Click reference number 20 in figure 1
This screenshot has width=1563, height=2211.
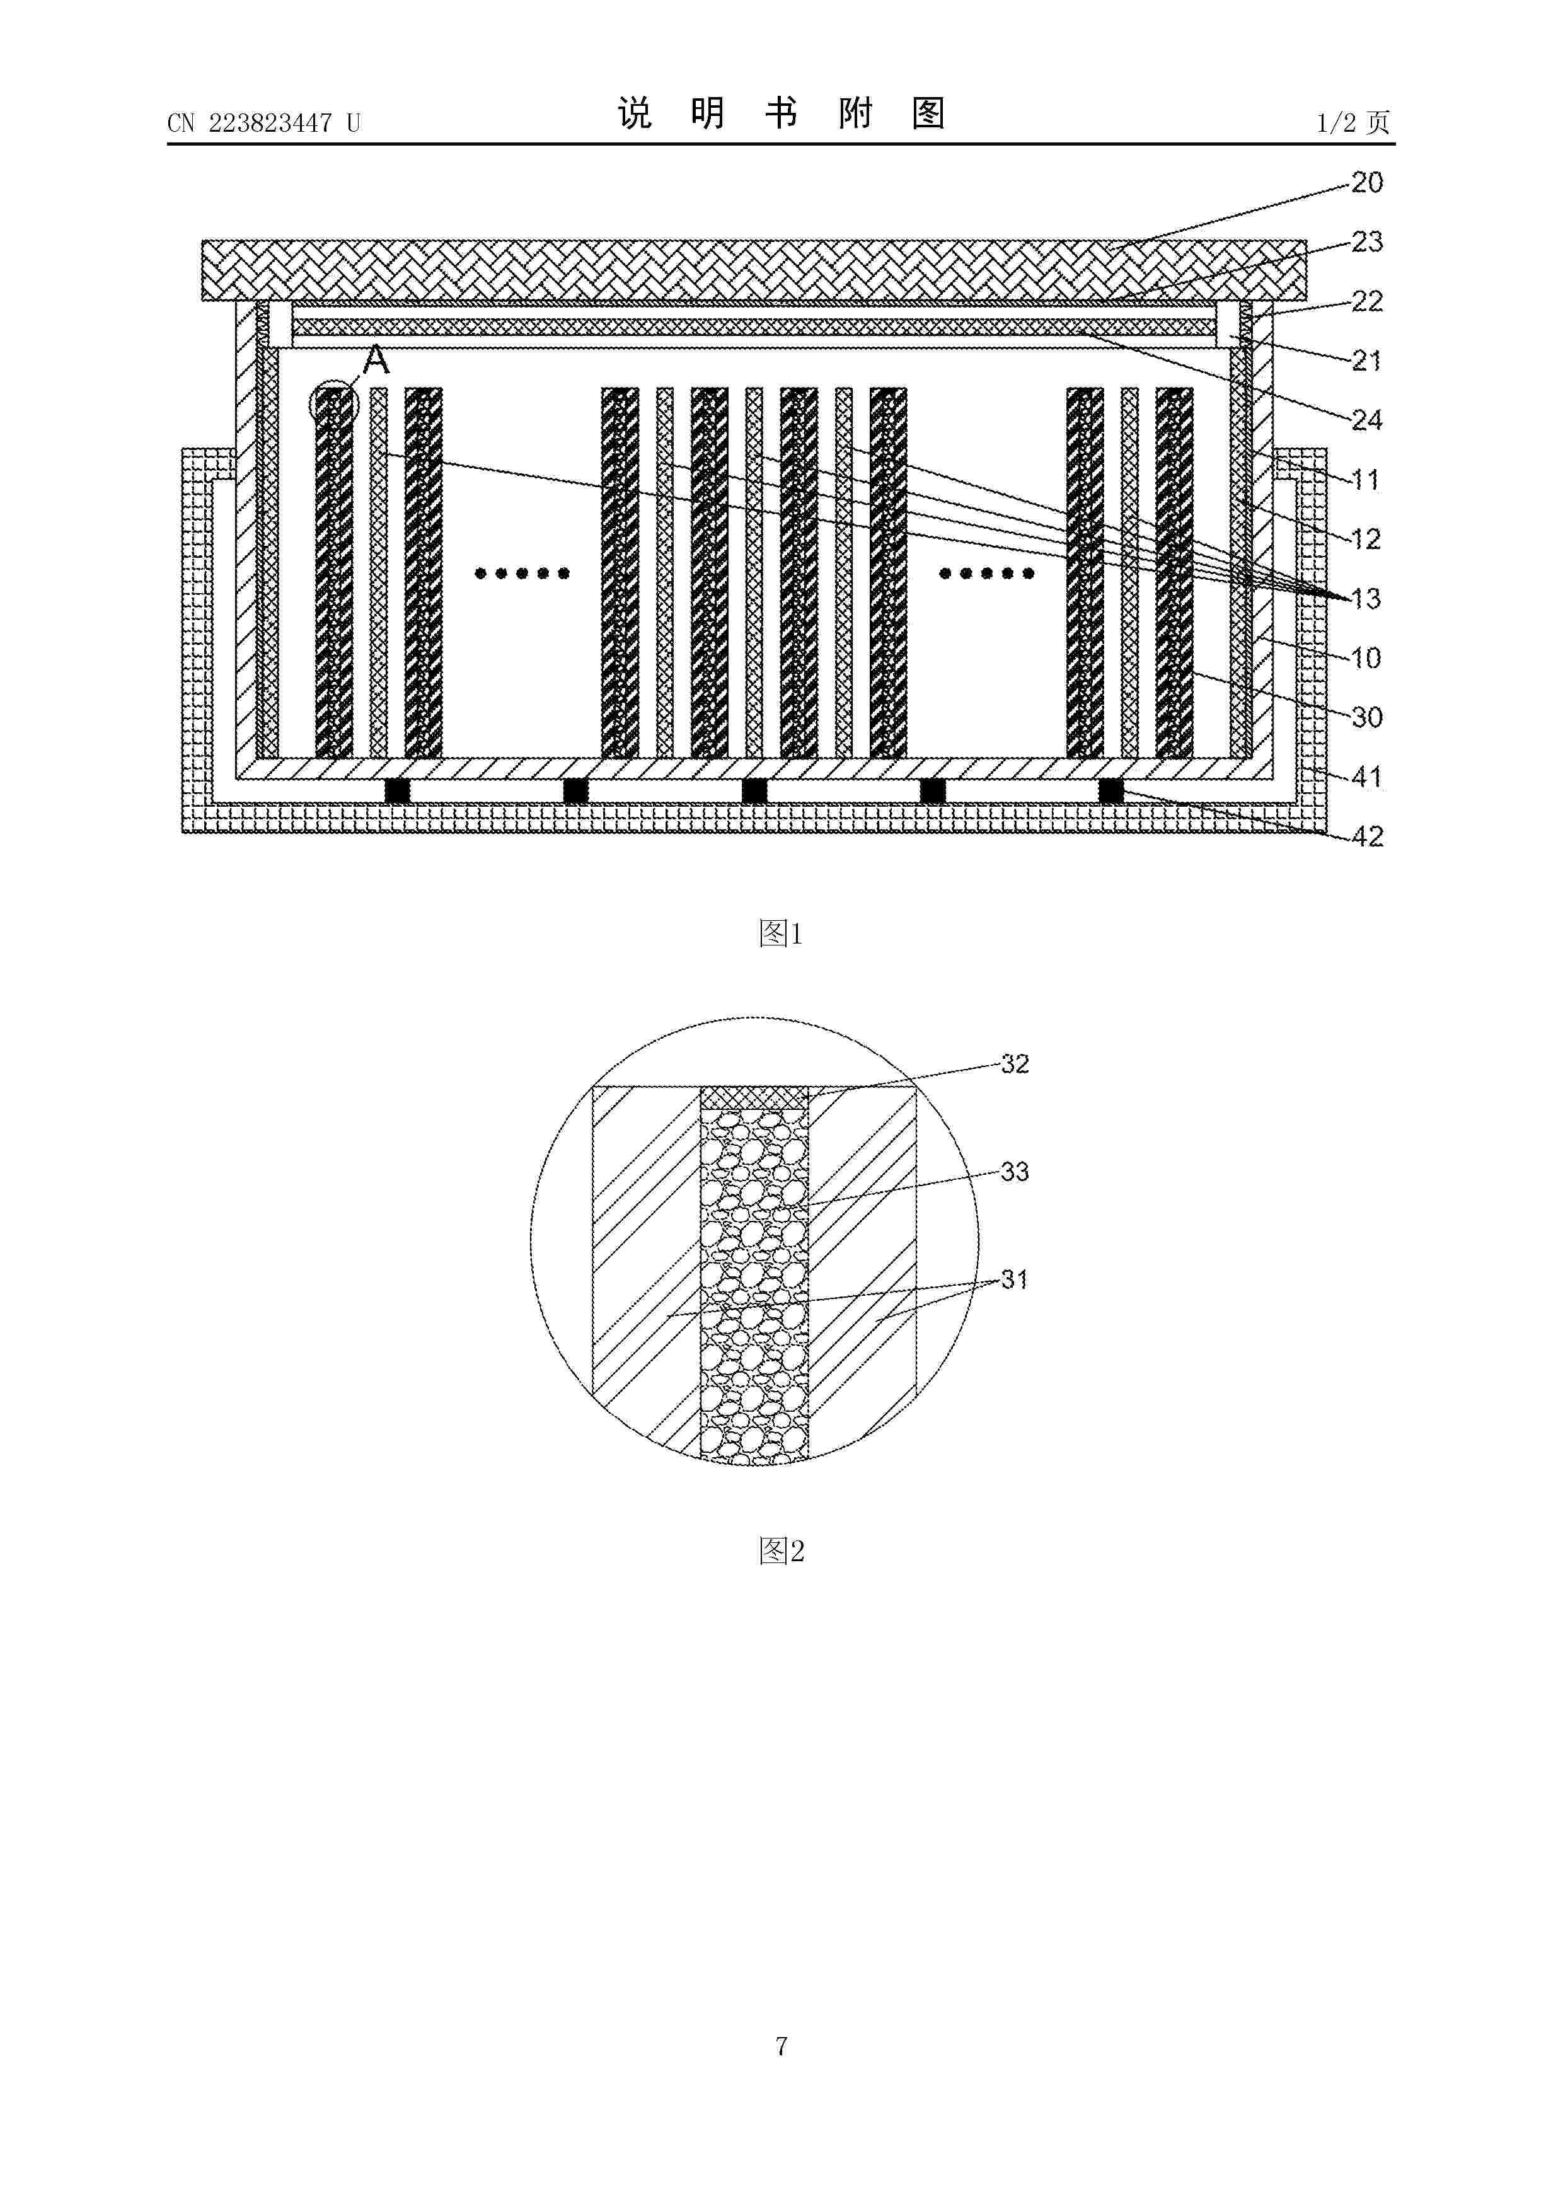1366,183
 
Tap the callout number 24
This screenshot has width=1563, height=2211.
1366,420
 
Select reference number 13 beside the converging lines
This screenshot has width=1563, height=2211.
1366,599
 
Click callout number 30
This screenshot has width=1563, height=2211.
1366,717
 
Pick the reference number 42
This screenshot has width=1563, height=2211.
1366,837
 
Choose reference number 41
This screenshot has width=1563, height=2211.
1366,777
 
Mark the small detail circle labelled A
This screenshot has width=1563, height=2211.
334,405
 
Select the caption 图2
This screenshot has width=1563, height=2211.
780,1551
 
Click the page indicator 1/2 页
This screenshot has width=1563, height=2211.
1353,122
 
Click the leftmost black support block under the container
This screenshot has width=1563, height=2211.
398,790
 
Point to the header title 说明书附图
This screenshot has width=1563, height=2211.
781,113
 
